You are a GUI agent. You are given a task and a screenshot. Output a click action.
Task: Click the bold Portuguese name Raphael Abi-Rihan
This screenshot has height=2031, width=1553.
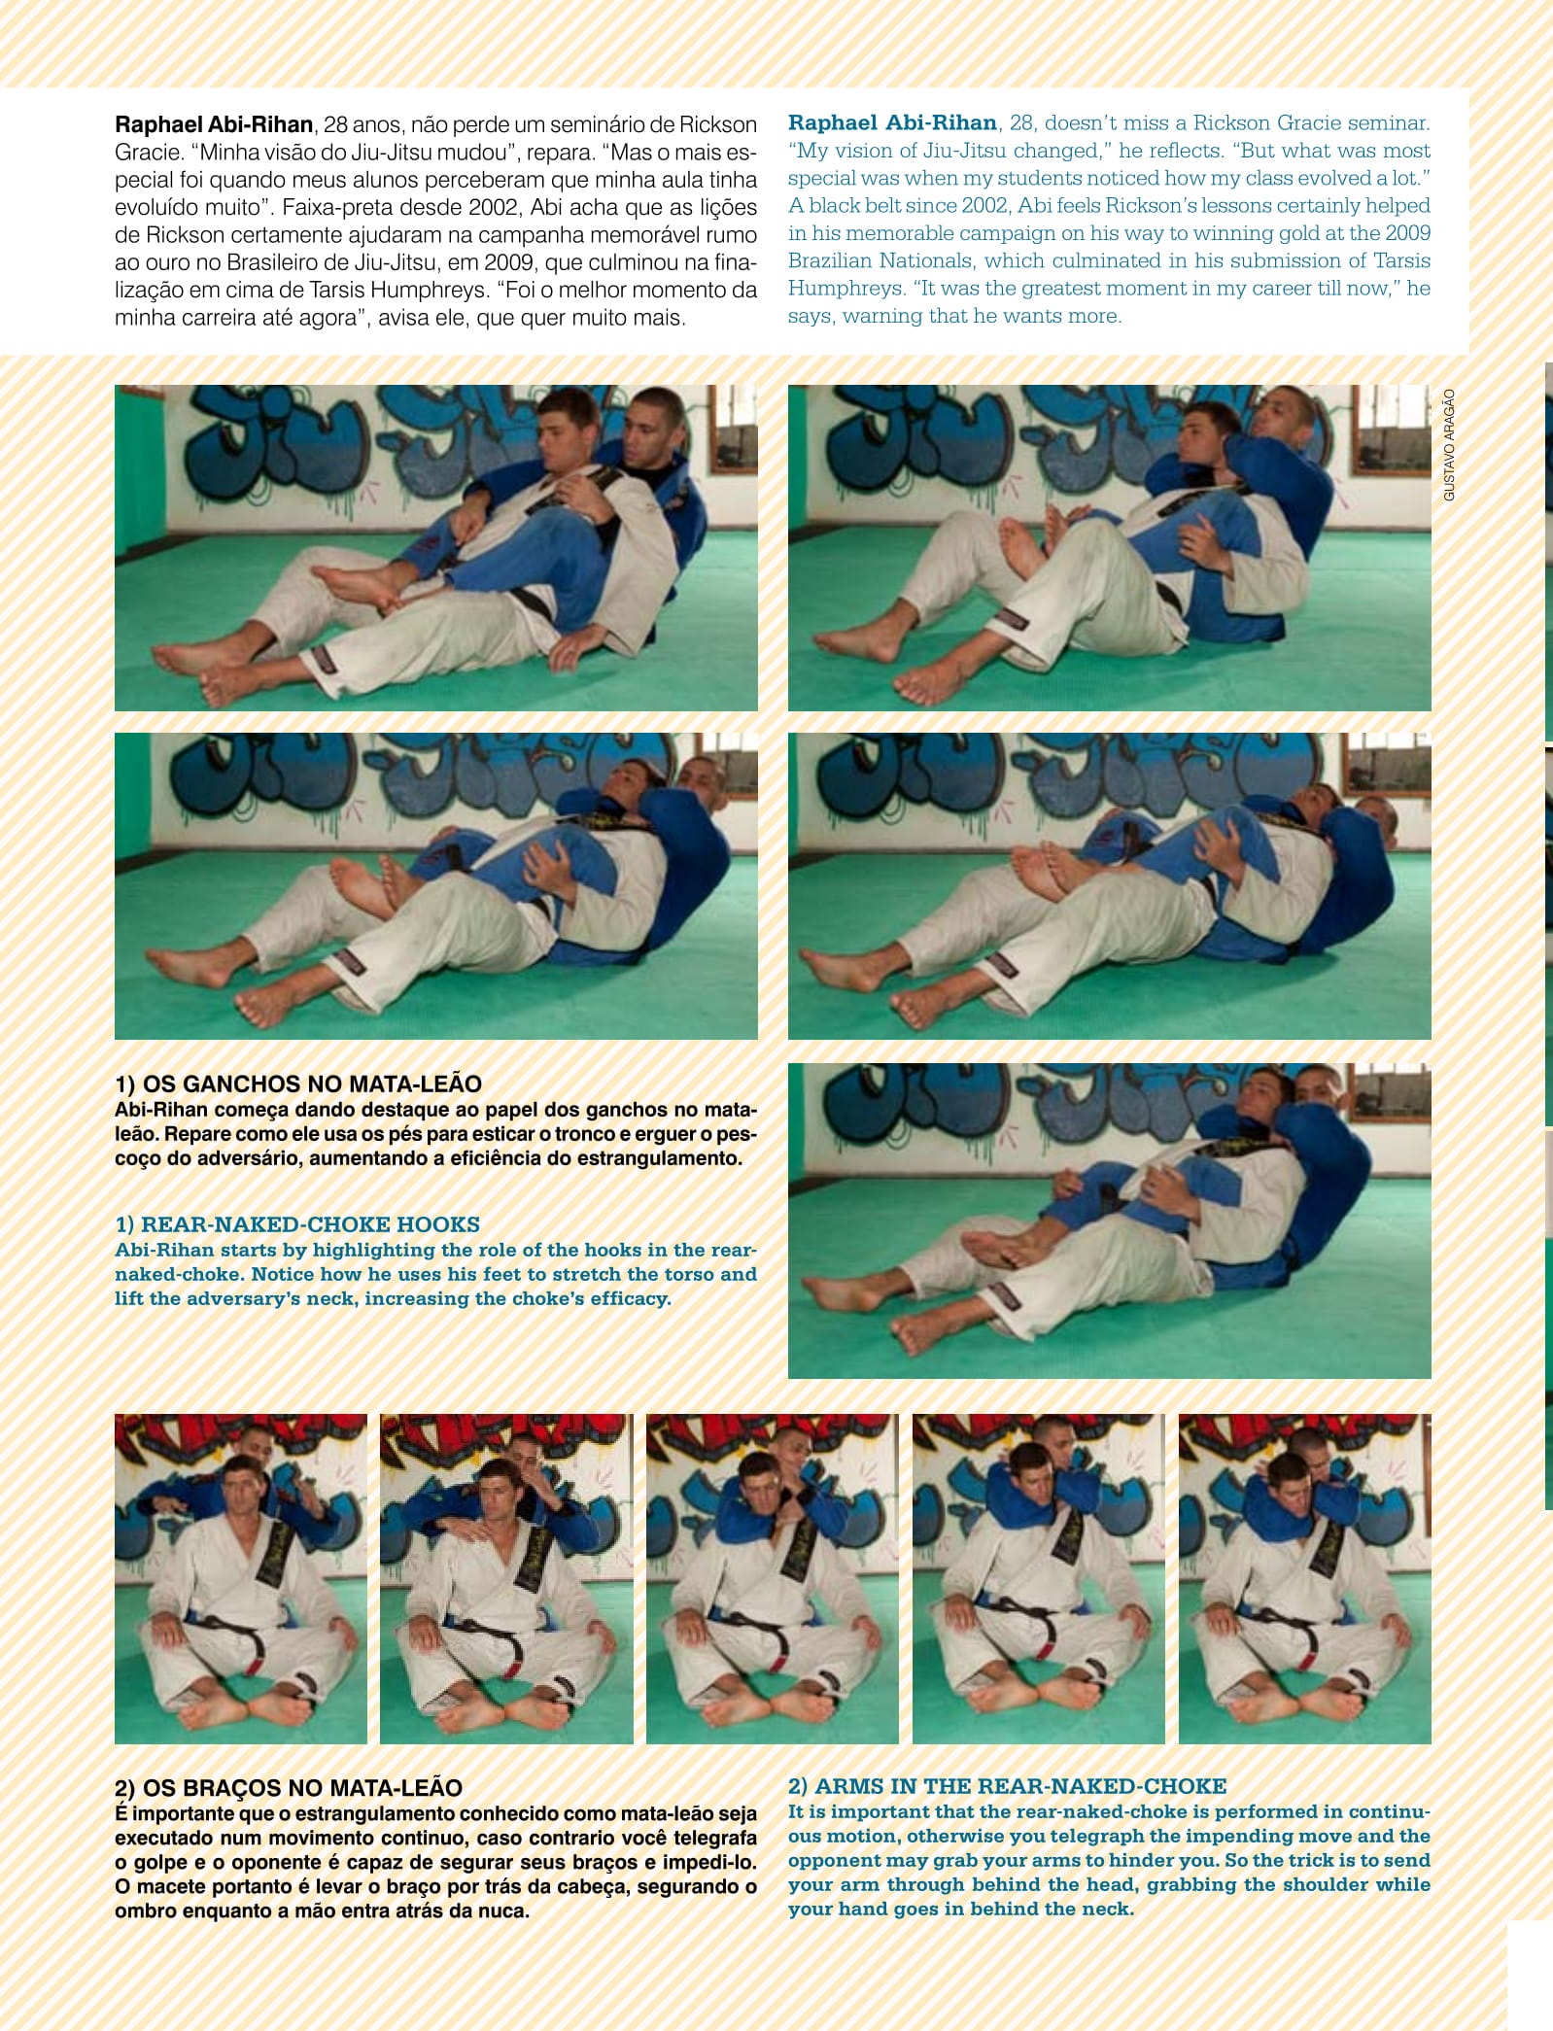pyautogui.click(x=214, y=125)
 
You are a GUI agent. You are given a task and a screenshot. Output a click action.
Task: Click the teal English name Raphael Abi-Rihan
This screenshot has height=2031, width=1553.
pyautogui.click(x=892, y=123)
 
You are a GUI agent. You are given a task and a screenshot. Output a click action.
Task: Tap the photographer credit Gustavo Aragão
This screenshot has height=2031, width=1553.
pyautogui.click(x=1449, y=445)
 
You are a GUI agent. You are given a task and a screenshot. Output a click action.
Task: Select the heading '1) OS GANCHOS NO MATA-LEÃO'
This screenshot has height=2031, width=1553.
pyautogui.click(x=298, y=1084)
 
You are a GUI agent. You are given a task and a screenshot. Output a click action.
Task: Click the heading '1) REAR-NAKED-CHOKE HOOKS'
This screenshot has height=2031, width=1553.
pyautogui.click(x=297, y=1224)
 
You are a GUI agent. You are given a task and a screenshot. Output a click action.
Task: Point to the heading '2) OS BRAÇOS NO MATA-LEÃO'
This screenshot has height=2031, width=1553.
pyautogui.click(x=289, y=1788)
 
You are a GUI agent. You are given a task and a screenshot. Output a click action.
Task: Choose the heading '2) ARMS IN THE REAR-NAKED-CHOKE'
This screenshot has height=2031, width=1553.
pyautogui.click(x=1008, y=1786)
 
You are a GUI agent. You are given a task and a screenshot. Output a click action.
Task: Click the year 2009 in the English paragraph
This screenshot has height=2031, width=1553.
pyautogui.click(x=1408, y=233)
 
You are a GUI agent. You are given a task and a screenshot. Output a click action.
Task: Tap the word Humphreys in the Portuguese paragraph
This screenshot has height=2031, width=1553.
pyautogui.click(x=410, y=291)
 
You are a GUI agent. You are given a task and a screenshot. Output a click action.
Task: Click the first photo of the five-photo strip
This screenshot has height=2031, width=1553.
pyautogui.click(x=241, y=1578)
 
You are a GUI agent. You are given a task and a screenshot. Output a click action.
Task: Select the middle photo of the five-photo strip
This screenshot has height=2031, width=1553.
pyautogui.click(x=773, y=1578)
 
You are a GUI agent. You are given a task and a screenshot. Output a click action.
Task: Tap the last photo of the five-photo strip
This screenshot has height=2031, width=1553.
pyautogui.click(x=1305, y=1578)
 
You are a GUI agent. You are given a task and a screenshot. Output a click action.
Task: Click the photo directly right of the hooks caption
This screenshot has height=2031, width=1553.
pyautogui.click(x=1110, y=1221)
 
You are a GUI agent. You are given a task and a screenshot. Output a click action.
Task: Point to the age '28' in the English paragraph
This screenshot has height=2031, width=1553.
pyautogui.click(x=1021, y=123)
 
